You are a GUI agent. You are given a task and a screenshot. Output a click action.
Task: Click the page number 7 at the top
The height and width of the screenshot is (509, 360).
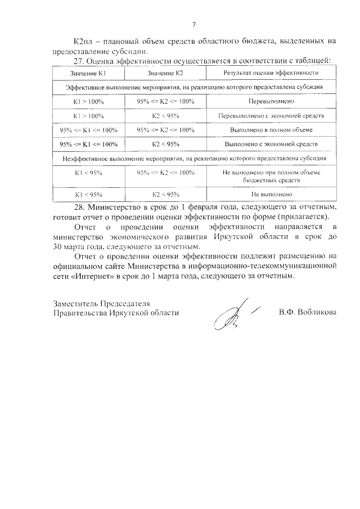193,24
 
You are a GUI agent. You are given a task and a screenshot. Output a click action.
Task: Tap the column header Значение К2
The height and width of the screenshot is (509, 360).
165,73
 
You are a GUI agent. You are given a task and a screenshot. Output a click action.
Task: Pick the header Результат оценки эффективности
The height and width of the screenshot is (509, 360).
271,73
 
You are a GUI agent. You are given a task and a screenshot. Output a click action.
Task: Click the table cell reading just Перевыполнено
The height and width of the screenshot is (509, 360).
271,102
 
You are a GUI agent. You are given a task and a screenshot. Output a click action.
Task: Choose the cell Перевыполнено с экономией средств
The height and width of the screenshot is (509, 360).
271,116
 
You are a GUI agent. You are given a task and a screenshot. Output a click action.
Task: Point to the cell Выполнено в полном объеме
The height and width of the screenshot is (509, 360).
271,130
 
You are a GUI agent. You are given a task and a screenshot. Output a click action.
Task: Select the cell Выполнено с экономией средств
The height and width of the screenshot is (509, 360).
271,144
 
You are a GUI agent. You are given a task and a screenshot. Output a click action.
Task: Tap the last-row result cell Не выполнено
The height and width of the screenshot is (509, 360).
271,194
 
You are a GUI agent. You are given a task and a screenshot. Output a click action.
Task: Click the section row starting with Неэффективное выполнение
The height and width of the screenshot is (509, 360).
193,159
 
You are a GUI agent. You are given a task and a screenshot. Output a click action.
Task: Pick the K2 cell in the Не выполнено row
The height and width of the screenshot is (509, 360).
165,194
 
